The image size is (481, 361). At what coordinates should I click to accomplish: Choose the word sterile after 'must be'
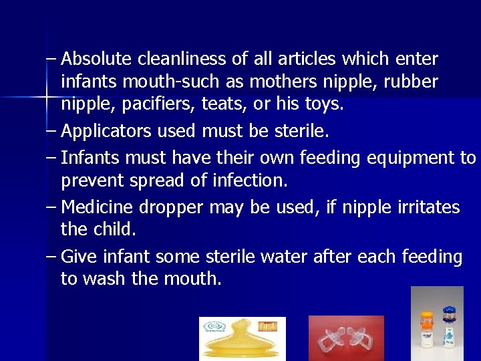pos(301,132)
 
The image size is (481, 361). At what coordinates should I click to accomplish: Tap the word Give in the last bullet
pos(78,257)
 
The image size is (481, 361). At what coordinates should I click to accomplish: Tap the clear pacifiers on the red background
pos(346,339)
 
